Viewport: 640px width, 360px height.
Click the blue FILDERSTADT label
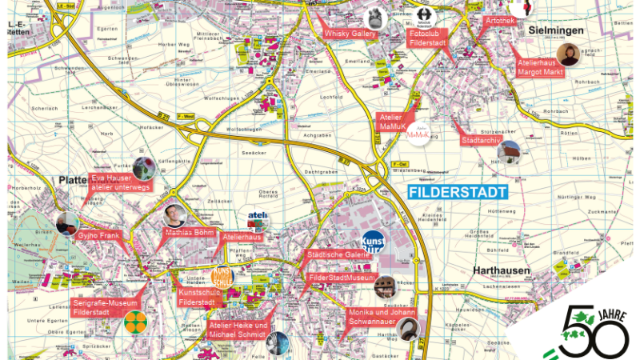point(457,193)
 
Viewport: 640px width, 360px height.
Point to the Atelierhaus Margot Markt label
point(540,67)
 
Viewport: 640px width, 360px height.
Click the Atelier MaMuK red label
point(391,121)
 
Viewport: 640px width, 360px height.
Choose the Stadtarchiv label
point(481,140)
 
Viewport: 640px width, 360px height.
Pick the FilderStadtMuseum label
point(341,278)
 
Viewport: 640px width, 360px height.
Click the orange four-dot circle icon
point(135,322)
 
